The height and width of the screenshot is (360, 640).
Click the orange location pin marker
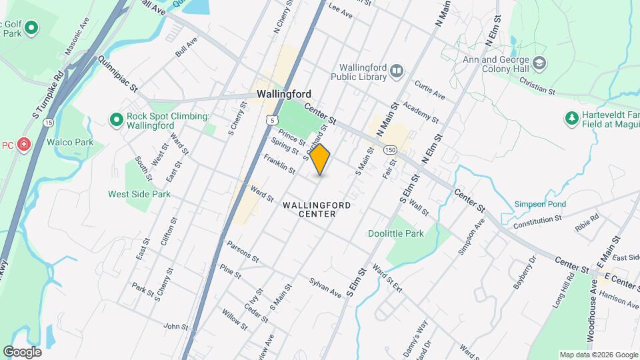pyautogui.click(x=321, y=159)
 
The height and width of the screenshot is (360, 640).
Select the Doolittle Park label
pyautogui.click(x=396, y=234)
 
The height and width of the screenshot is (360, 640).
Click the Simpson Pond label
pyautogui.click(x=540, y=204)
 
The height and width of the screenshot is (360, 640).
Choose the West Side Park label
pyautogui.click(x=139, y=194)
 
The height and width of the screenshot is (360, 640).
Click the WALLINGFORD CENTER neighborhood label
pyautogui.click(x=316, y=209)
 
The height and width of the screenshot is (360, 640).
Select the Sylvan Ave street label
pyautogui.click(x=325, y=285)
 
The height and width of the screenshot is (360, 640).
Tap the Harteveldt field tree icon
pyautogui.click(x=571, y=119)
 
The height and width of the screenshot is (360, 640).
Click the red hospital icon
pyautogui.click(x=24, y=145)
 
